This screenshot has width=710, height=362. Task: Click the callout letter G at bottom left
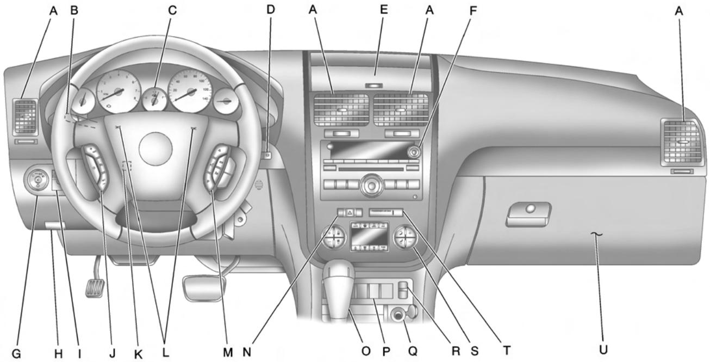16,353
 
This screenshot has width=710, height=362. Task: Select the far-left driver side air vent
25,117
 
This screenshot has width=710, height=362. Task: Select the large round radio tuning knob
371,183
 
